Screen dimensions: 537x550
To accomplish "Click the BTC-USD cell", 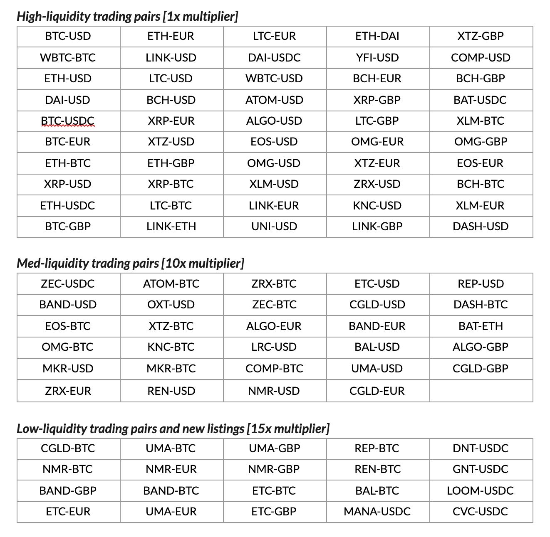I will (68, 36).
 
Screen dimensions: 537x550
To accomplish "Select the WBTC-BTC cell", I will (68, 58).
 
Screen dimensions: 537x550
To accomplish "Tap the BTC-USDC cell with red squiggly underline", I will (68, 121).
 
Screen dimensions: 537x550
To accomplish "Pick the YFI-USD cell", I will (377, 58).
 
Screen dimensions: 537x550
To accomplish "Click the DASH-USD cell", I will (481, 227).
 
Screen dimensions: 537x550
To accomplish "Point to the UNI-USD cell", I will (274, 227).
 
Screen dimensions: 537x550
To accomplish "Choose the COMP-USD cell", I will (481, 58).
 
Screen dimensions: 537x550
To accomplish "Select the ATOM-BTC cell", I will (171, 284).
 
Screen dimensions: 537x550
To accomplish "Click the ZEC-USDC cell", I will (68, 284).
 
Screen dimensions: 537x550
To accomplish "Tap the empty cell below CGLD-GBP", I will (481, 391).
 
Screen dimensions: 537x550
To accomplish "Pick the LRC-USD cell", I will (274, 347).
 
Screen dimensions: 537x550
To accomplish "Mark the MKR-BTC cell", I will (171, 369).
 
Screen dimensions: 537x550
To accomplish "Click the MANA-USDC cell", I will (377, 512).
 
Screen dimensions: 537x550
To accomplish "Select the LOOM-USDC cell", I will (481, 491).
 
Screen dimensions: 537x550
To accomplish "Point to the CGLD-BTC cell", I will (68, 448).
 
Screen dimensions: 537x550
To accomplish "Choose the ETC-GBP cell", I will (274, 512).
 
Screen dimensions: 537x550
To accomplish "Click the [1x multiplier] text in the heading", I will (201, 17).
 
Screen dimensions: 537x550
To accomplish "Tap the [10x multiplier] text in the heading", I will (203, 264).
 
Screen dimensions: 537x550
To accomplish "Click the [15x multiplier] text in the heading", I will (288, 429).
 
